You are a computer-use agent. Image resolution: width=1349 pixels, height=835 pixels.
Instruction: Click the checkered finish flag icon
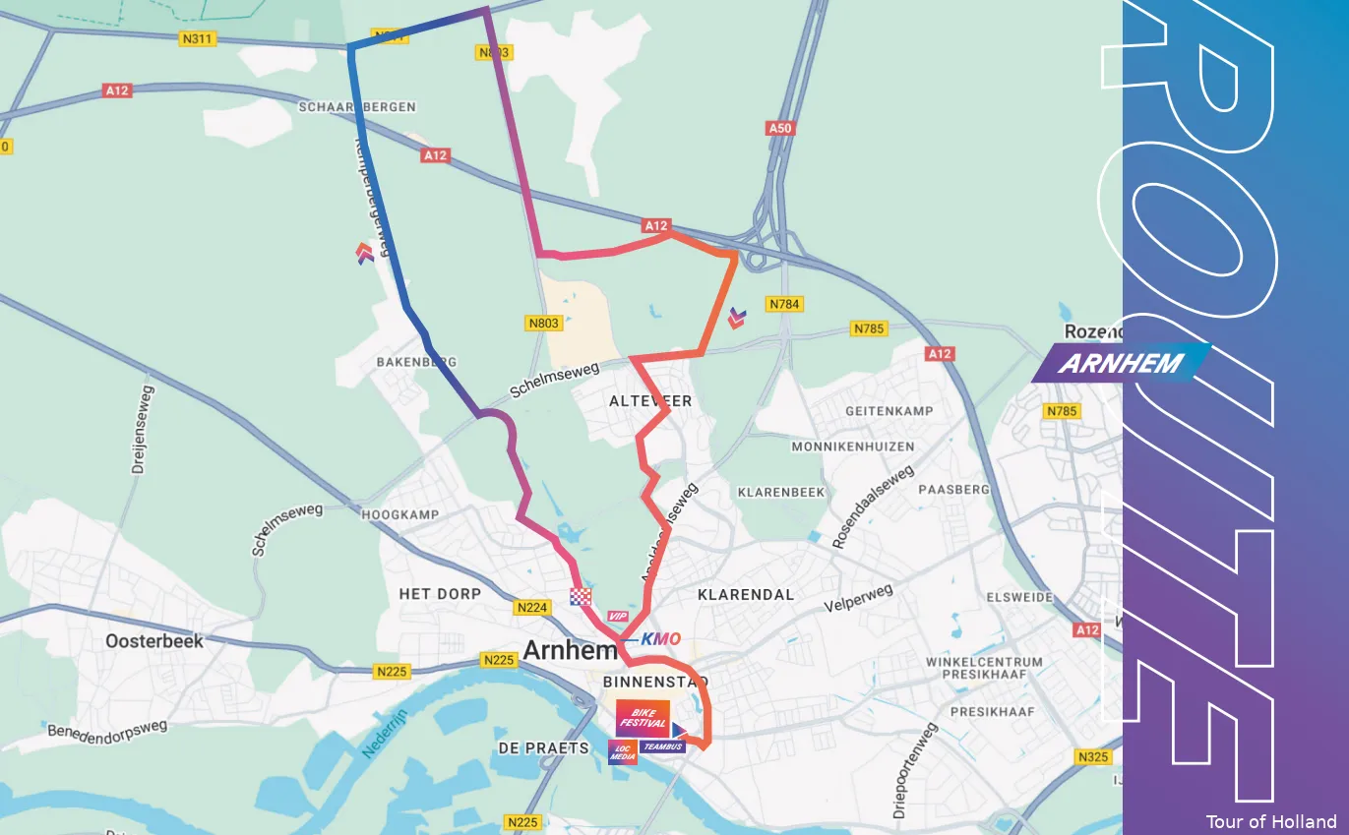point(582,596)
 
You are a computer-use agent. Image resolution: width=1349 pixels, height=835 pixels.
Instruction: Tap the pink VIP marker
point(618,616)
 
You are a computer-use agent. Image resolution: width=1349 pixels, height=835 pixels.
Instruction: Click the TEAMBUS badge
point(662,747)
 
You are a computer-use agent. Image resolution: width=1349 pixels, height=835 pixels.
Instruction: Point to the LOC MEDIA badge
point(622,751)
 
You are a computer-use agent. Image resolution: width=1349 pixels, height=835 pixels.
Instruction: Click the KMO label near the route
point(660,639)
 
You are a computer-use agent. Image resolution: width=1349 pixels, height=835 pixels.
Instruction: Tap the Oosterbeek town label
point(154,641)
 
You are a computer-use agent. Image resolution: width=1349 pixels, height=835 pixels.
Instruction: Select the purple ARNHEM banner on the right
point(1121,363)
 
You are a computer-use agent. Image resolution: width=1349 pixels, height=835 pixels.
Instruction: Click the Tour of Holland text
point(1271,821)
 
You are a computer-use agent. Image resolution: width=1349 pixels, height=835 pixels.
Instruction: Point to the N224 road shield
point(531,608)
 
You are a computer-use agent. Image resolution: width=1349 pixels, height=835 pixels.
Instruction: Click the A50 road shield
point(779,129)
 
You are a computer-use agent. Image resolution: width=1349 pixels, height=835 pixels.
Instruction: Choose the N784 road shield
point(784,304)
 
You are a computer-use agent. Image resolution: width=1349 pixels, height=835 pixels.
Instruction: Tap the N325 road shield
point(1092,756)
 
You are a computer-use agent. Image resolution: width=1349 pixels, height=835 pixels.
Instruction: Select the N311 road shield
point(199,39)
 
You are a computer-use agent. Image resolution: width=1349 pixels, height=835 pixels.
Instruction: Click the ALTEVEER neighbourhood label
point(650,401)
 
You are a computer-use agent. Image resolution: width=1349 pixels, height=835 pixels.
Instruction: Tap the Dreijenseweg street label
point(143,443)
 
